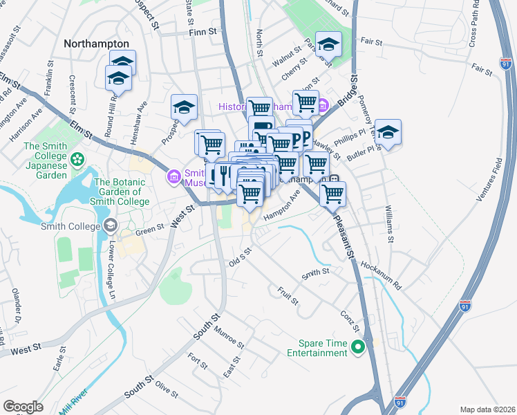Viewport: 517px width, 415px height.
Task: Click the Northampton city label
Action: pos(96,43)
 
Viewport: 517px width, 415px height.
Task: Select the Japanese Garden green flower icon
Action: pos(78,158)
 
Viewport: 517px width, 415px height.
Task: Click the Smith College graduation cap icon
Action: pos(109,225)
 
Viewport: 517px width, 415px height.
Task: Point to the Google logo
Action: pos(23,407)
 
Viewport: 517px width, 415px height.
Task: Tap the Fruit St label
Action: pos(288,297)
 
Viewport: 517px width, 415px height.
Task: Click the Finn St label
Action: pos(203,32)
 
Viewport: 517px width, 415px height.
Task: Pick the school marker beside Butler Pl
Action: pos(388,133)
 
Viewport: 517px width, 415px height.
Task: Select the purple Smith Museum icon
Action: pos(173,178)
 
